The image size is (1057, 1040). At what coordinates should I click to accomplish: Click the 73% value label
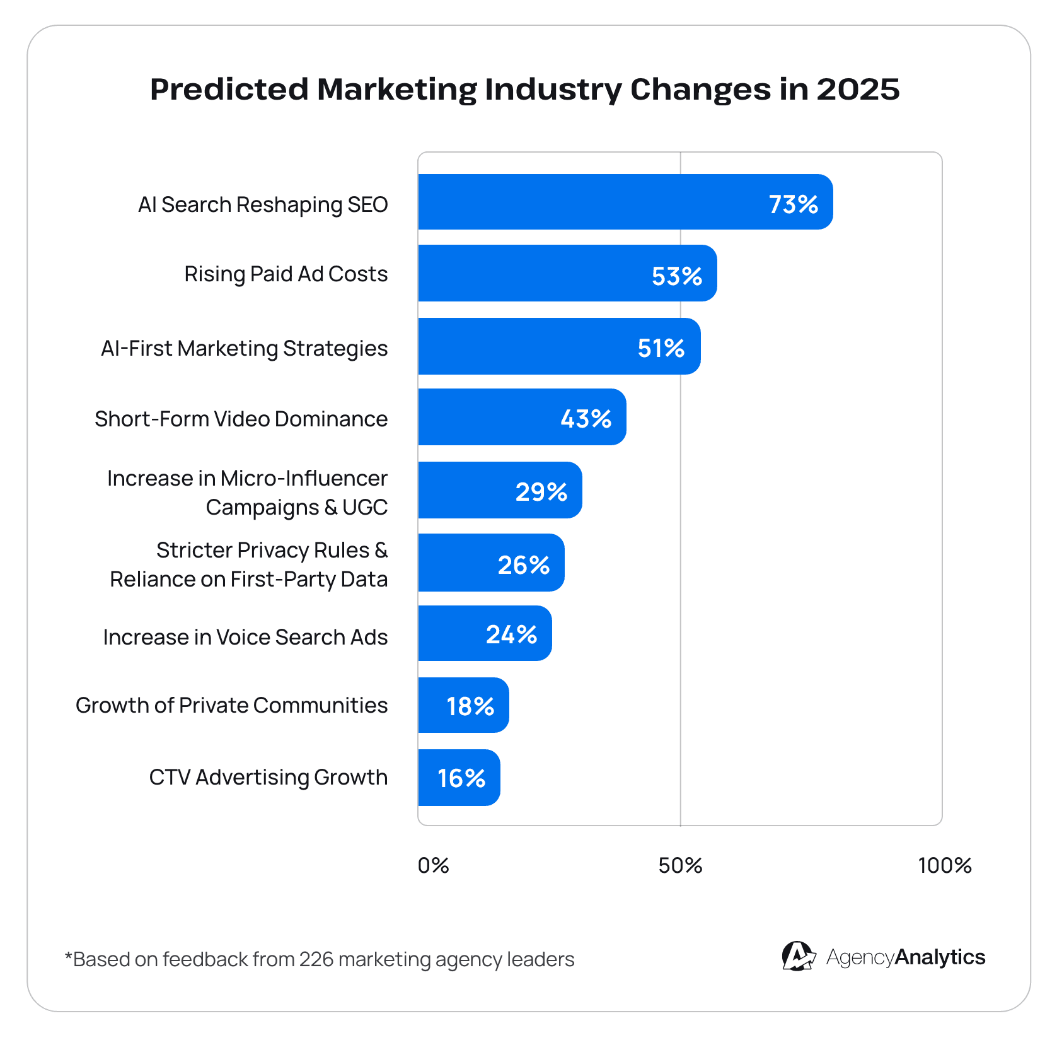click(793, 204)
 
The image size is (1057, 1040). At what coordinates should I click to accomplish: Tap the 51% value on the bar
click(661, 348)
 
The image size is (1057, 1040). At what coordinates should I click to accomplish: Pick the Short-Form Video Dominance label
click(241, 419)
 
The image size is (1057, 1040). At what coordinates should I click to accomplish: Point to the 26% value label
click(523, 564)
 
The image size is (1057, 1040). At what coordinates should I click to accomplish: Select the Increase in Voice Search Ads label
click(245, 637)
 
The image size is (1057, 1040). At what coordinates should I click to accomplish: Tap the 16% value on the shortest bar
click(461, 778)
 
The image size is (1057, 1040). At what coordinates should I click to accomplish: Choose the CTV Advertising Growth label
click(268, 777)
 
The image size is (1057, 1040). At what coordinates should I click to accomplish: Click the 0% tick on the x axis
click(433, 865)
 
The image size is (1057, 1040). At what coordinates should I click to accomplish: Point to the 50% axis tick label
click(680, 865)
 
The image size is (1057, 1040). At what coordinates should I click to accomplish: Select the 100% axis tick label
click(944, 865)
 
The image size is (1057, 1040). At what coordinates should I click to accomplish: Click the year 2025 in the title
click(858, 89)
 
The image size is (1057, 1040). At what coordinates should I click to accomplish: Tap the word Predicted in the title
click(229, 89)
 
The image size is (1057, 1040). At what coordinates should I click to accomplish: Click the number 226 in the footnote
click(316, 959)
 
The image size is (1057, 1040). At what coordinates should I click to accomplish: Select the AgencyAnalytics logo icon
click(798, 956)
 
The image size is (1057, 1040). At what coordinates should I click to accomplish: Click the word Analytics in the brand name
click(940, 957)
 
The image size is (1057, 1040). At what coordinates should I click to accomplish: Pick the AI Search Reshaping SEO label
click(263, 204)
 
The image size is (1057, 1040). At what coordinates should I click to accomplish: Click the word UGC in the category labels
click(365, 507)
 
